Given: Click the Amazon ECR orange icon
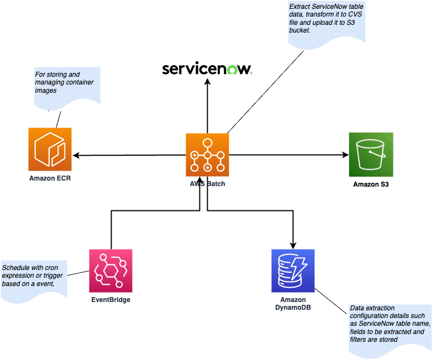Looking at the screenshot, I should click(50, 149).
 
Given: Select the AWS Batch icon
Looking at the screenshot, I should click(207, 155).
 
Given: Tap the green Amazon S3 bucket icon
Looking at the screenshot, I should click(371, 154).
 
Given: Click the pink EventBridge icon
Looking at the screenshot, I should click(110, 271).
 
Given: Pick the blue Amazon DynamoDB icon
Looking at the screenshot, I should click(293, 271).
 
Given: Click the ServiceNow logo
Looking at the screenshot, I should click(207, 69).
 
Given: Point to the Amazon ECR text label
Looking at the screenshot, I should click(50, 179).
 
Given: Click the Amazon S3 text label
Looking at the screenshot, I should click(371, 184).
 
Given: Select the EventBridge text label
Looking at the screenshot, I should click(110, 300).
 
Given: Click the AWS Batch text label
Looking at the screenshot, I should click(207, 183).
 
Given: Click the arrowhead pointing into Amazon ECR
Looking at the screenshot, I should click(77, 155).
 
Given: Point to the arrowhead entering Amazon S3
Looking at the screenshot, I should click(344, 155).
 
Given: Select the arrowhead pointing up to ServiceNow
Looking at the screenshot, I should click(208, 81).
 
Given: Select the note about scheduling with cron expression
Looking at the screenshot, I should click(33, 279).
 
